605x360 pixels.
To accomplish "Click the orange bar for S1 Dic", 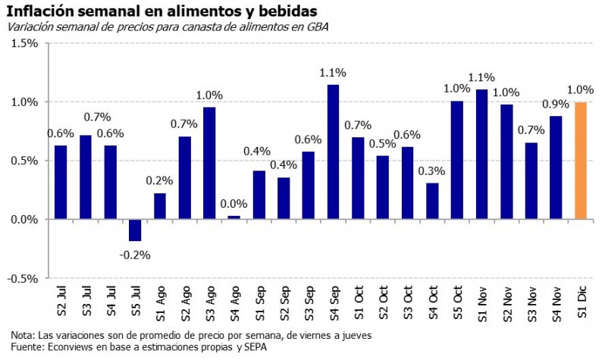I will [x=581, y=161].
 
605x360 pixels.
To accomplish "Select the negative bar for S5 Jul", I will [x=135, y=230].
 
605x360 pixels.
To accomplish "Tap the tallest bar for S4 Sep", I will [x=333, y=152].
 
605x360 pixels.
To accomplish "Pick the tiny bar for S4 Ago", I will [x=234, y=218].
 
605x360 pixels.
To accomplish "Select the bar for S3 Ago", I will [x=209, y=163].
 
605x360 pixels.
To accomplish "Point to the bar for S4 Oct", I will [x=432, y=201].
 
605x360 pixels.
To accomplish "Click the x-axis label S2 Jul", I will [x=61, y=301].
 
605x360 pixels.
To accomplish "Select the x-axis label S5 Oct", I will [x=457, y=301].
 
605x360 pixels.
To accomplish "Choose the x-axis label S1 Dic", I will [x=581, y=301].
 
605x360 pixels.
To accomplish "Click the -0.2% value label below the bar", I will [x=135, y=255].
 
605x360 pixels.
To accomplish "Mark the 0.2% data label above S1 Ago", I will [x=160, y=181].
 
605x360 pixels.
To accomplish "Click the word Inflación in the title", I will [x=39, y=11].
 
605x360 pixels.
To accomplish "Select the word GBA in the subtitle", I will [x=318, y=27].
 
